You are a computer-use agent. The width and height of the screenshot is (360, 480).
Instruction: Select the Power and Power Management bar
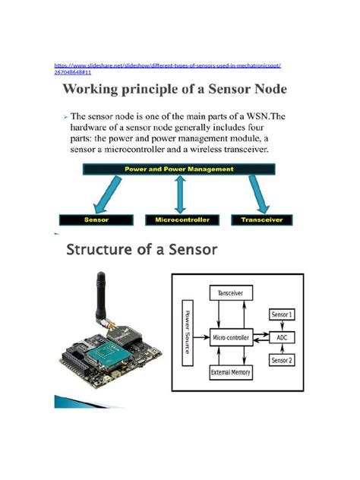180,169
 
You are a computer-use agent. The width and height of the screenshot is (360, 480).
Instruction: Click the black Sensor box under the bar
98,219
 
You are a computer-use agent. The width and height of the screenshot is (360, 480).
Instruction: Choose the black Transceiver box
263,219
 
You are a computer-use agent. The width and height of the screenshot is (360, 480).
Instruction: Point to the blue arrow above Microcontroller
180,194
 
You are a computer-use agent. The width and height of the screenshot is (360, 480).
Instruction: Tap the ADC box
282,334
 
